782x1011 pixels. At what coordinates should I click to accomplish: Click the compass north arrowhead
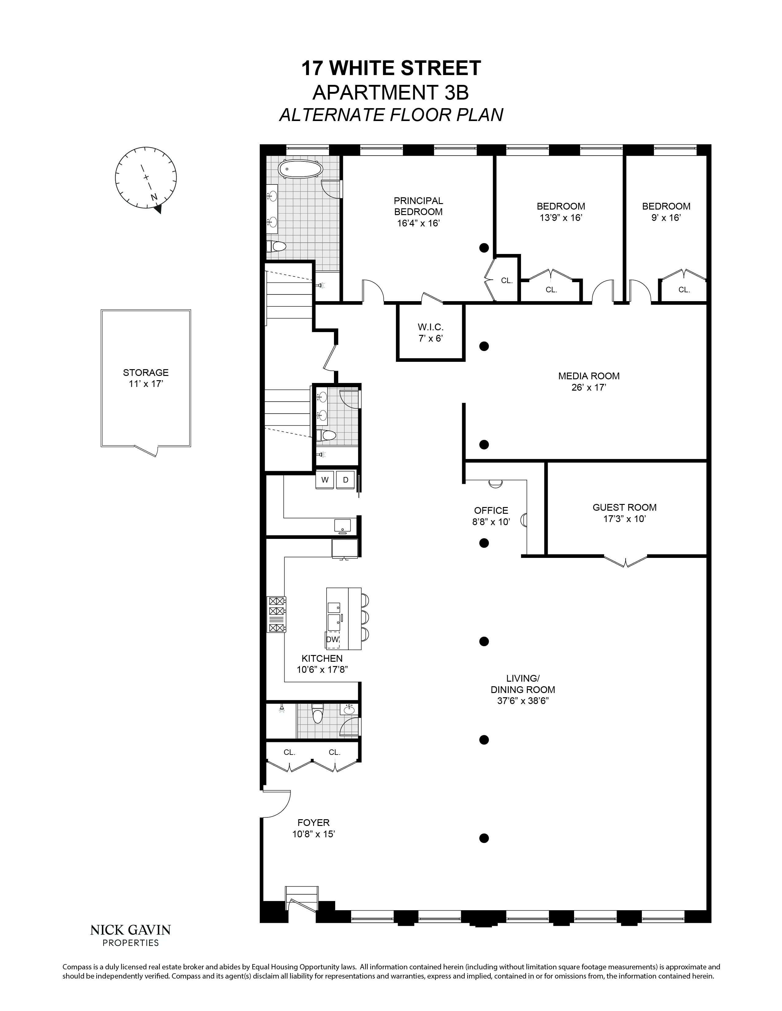click(x=159, y=209)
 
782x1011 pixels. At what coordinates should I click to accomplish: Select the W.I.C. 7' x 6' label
click(x=430, y=333)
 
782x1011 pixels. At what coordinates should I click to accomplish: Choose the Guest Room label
click(x=624, y=507)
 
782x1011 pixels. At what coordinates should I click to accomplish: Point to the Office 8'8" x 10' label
click(x=491, y=516)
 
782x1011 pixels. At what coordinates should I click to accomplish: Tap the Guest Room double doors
click(x=625, y=562)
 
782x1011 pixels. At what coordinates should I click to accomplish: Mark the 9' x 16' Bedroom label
click(x=666, y=212)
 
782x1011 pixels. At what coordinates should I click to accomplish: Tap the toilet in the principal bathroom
click(x=277, y=247)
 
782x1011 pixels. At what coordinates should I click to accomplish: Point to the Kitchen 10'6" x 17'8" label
click(x=322, y=663)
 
